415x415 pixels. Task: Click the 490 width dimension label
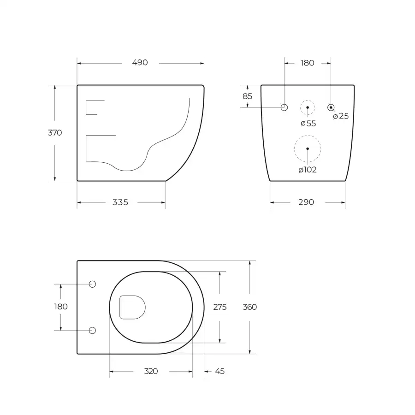point(140,62)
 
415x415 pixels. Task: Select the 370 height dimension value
point(55,133)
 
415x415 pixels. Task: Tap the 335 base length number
point(120,202)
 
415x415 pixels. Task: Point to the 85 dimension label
point(248,96)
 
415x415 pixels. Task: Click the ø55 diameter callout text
point(308,123)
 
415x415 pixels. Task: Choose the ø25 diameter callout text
point(341,116)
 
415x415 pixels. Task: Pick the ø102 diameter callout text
point(308,170)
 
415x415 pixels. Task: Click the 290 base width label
point(306,202)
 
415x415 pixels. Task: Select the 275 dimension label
point(220,307)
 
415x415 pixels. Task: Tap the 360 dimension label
point(249,307)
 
